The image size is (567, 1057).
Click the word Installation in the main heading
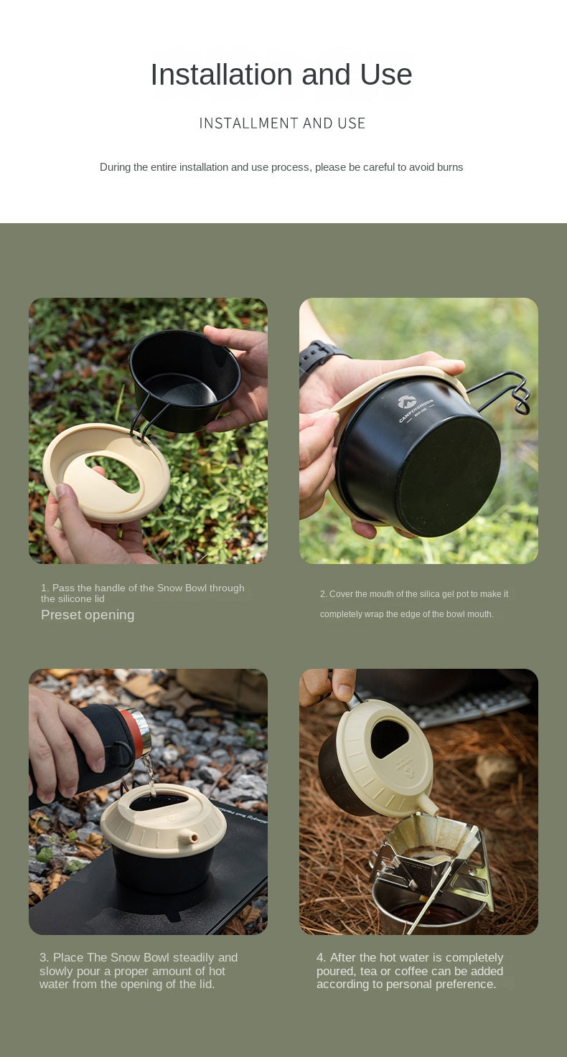click(x=222, y=75)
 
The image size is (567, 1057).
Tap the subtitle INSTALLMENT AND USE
click(x=282, y=123)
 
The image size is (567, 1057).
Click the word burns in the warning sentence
click(x=449, y=167)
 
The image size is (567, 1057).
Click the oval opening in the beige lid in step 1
click(x=112, y=474)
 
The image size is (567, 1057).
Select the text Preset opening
click(x=88, y=615)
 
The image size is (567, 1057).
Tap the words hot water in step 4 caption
click(x=405, y=957)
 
